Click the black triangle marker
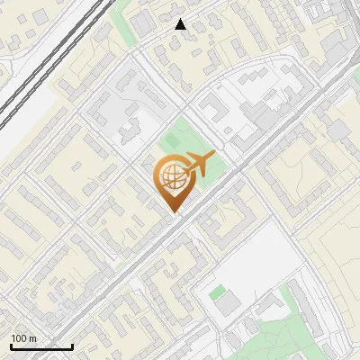tap(181, 24)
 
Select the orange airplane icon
tap(197, 166)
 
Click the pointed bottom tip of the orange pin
tap(173, 212)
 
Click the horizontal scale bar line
tap(41, 346)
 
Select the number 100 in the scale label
tap(20, 338)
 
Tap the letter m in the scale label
tap(34, 338)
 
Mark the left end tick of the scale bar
tap(12, 345)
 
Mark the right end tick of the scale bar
tap(72, 345)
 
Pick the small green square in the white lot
tap(217, 292)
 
